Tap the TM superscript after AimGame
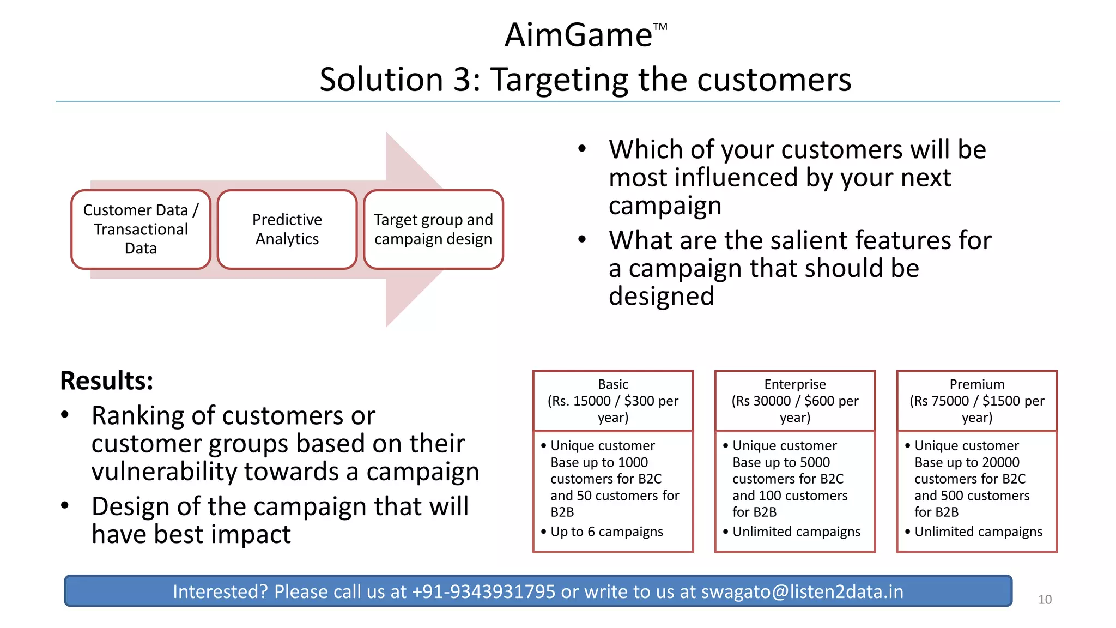(660, 27)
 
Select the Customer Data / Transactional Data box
(141, 230)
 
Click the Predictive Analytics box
(287, 230)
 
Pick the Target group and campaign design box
(433, 230)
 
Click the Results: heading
(107, 381)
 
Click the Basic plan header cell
(613, 401)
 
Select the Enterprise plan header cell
(795, 401)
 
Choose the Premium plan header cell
(977, 401)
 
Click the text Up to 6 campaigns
(606, 532)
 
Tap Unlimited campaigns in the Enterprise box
(796, 532)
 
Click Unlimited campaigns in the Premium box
(978, 532)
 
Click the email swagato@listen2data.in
(802, 591)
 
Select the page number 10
(1045, 600)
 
